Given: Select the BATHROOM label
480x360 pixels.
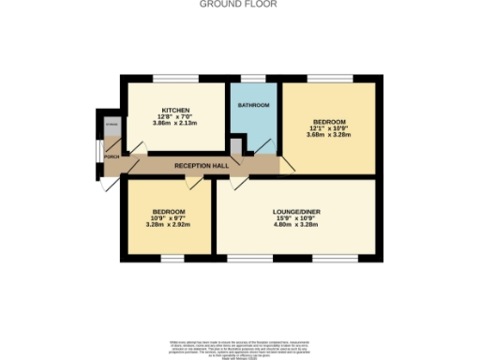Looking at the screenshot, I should pos(253,105).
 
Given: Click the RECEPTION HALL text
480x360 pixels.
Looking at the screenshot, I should pos(202,166).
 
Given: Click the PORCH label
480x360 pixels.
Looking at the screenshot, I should pos(112,157).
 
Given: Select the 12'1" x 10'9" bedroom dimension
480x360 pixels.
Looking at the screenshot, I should pos(329,128).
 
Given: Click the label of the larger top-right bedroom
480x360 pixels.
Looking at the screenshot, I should pos(329,122).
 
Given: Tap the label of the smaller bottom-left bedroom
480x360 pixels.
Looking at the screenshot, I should pos(169,211).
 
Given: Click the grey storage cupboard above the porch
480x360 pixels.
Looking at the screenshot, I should pos(111,125).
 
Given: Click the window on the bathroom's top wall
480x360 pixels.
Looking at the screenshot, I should pos(253,77).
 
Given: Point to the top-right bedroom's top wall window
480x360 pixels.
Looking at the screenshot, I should pos(329,77).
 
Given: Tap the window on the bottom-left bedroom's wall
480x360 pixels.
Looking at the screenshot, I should pos(172,258).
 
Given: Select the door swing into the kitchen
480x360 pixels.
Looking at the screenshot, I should pos(136,148).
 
